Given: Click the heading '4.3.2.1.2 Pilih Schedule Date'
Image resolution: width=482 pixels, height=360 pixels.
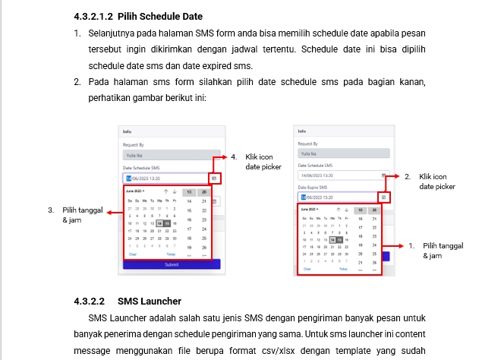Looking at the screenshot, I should point(138,16).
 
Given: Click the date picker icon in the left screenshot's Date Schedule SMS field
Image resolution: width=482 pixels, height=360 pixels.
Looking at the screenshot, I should point(214,178).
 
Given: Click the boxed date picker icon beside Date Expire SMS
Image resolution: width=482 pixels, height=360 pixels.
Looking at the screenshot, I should point(383,197).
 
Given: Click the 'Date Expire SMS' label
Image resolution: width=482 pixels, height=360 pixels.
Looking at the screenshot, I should point(312,187).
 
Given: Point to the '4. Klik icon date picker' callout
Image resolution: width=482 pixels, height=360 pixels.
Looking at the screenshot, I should point(258,161).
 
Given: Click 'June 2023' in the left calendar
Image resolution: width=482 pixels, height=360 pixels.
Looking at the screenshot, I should point(135,191).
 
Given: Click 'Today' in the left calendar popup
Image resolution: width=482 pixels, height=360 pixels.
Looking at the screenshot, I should point(171,254).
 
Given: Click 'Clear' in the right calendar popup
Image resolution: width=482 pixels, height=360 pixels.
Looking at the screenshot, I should point(307,269).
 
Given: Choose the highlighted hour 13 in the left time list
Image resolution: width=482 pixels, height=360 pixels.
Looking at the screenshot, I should point(188,192).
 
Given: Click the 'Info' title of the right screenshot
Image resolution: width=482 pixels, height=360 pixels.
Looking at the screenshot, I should point(301,131).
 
